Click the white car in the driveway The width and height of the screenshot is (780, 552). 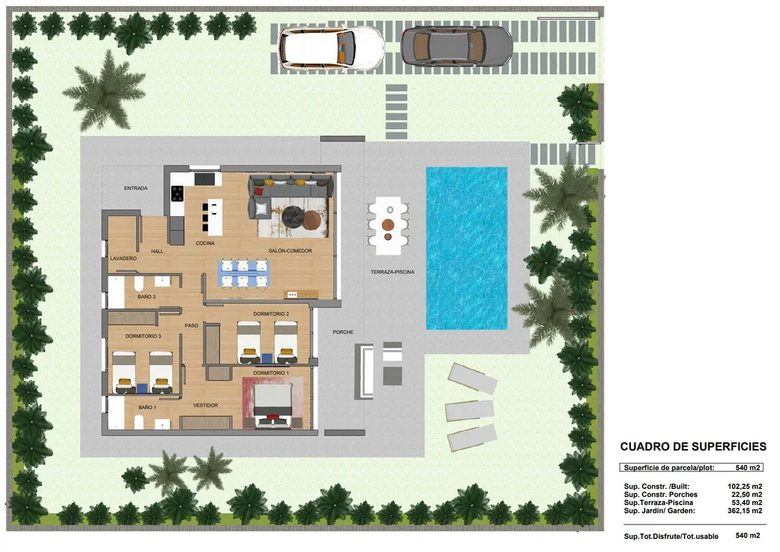click(x=331, y=48)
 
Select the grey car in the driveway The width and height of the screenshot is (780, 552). click(x=457, y=46)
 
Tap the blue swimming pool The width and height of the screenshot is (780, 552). click(x=467, y=248)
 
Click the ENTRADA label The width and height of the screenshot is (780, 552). click(x=136, y=188)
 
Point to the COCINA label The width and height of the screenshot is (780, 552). click(x=205, y=243)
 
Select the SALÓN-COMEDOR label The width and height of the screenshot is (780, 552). click(x=291, y=251)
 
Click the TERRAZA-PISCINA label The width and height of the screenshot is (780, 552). click(x=393, y=272)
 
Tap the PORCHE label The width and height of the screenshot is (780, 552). click(x=343, y=332)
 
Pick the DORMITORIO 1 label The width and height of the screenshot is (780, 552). click(x=271, y=373)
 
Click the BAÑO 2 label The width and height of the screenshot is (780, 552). click(x=147, y=297)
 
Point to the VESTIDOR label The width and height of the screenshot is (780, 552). click(x=206, y=405)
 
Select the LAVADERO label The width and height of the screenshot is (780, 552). click(x=124, y=259)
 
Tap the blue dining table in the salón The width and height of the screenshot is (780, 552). click(x=244, y=273)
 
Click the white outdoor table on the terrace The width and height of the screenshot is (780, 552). click(x=389, y=226)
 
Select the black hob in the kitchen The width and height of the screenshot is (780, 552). click(x=177, y=193)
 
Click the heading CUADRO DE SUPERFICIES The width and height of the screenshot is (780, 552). click(x=693, y=446)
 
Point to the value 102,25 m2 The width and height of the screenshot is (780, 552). click(x=745, y=486)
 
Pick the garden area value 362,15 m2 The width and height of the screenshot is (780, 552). click(x=745, y=511)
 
